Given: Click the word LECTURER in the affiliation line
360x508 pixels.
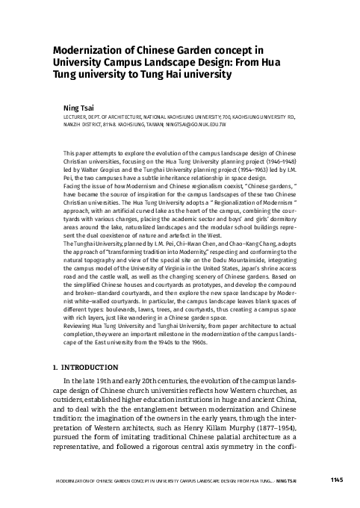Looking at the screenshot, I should pos(76,117).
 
